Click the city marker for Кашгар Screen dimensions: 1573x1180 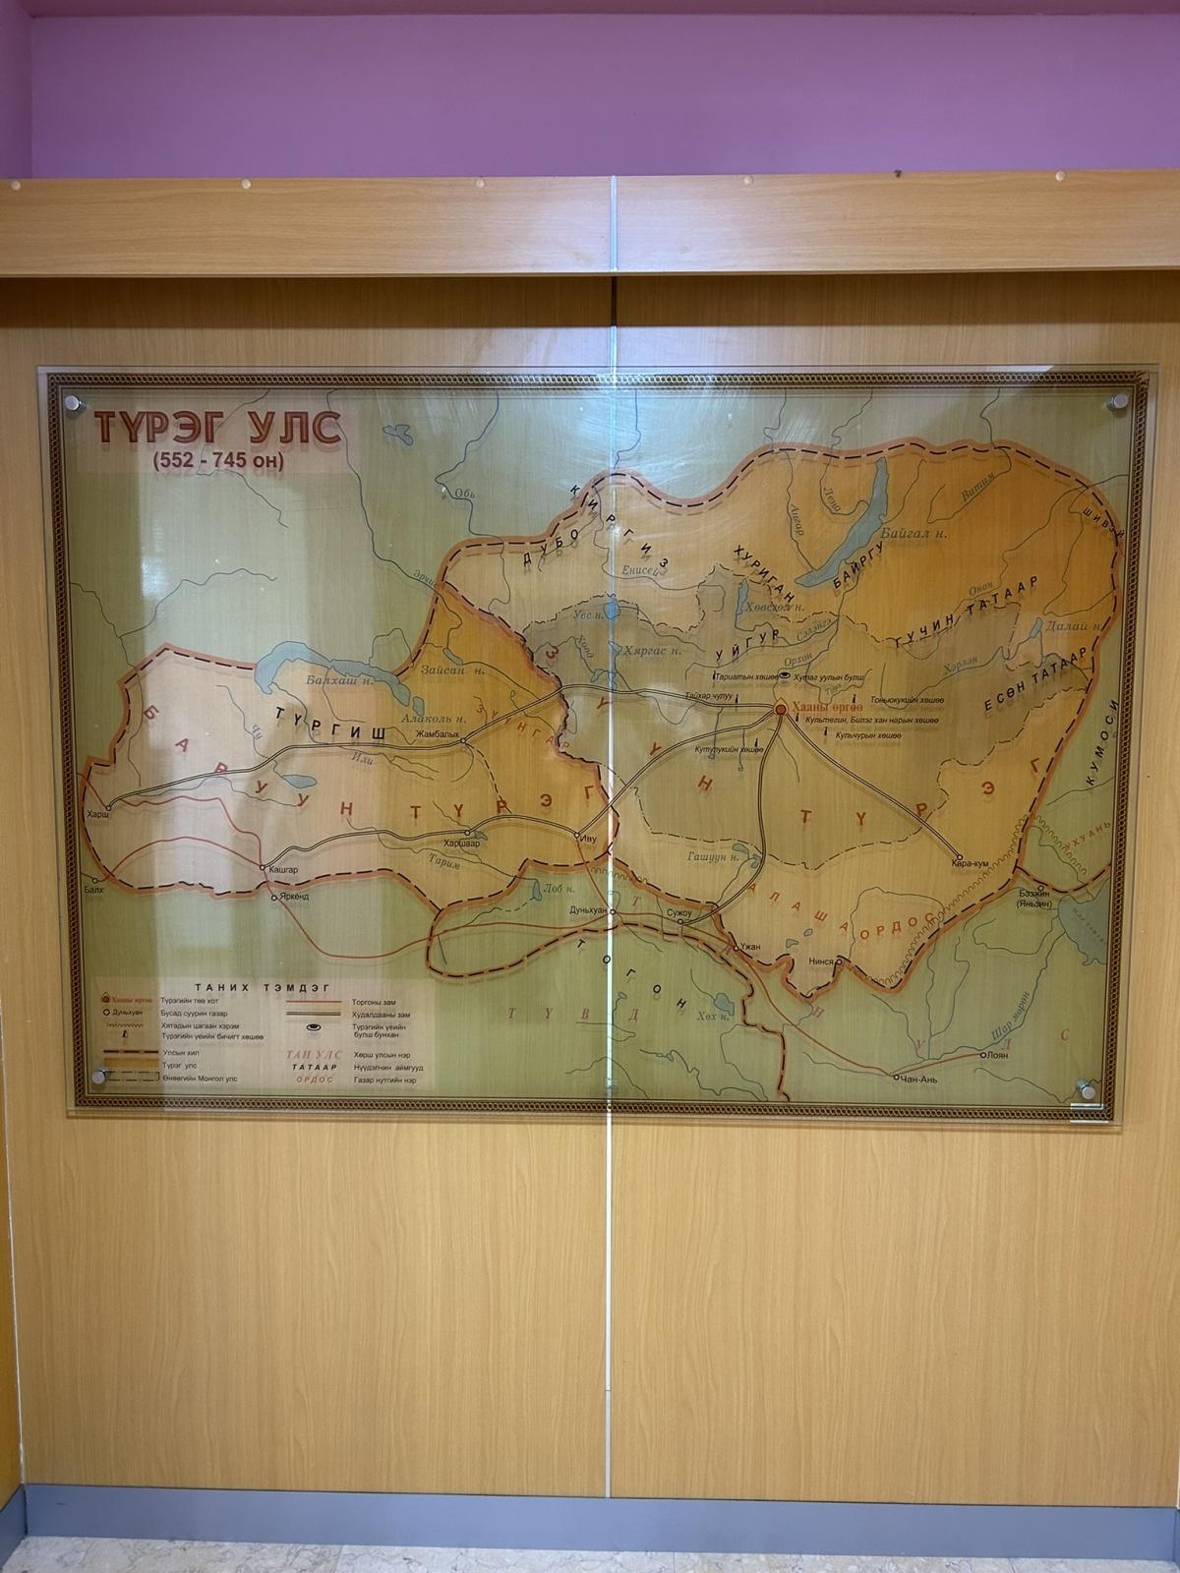coord(263,868)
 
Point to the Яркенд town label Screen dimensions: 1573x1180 coord(291,898)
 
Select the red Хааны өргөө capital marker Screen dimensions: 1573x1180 coord(780,708)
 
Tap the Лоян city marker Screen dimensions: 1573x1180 coord(982,1054)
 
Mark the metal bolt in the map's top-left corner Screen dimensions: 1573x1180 coord(71,402)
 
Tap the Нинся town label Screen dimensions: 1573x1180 coord(821,961)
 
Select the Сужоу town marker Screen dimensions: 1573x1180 coord(679,922)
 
